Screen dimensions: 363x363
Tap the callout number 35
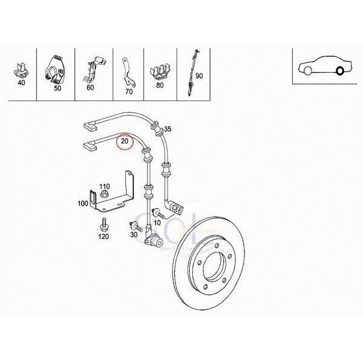(x=168, y=129)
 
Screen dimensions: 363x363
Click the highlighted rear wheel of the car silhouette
(x=339, y=72)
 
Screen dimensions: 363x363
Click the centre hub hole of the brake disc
(x=214, y=267)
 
